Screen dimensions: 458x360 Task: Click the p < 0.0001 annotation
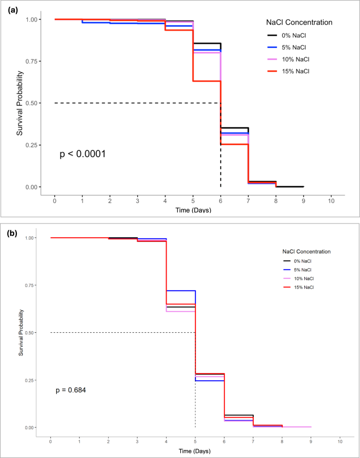click(x=83, y=154)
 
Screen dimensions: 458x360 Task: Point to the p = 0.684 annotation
click(x=71, y=390)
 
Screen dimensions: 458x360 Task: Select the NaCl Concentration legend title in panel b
click(x=306, y=251)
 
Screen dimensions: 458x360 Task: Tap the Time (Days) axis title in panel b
click(x=195, y=451)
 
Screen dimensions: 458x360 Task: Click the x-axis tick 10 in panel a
click(x=331, y=200)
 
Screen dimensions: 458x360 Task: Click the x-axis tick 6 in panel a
click(x=220, y=200)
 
